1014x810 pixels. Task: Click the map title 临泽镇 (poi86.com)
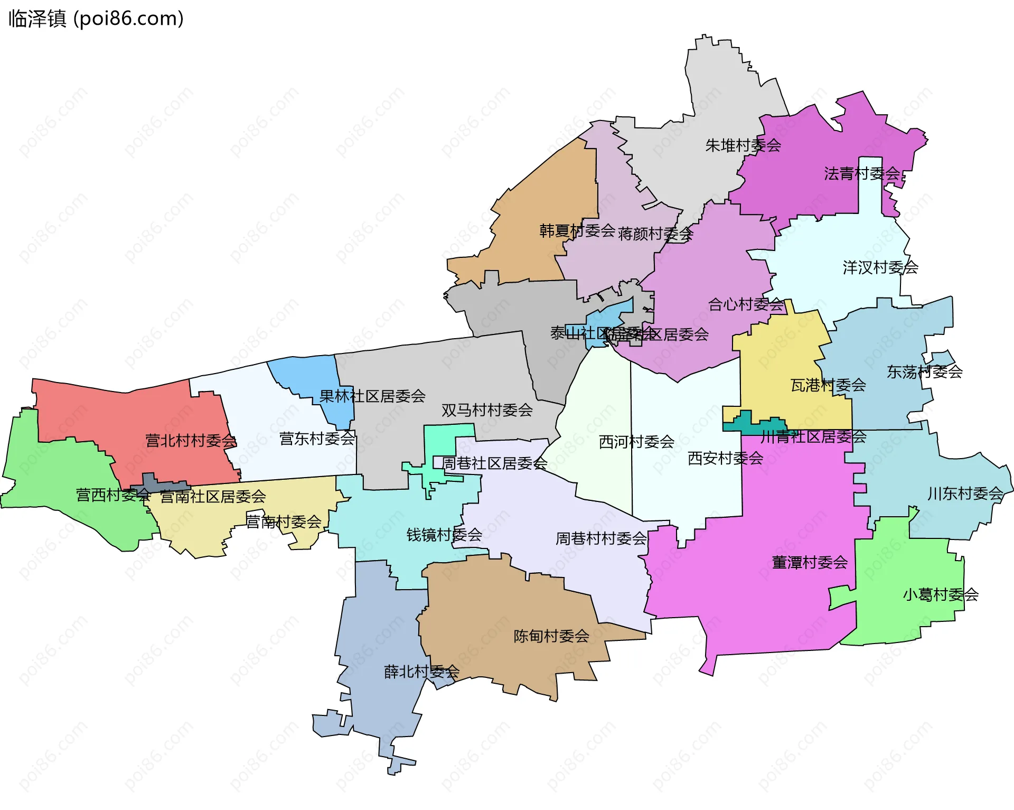coord(96,18)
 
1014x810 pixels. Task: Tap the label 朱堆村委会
coord(743,145)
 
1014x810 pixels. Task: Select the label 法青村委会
coord(861,173)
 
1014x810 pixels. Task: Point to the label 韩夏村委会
coord(577,231)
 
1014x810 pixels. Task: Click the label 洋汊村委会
coord(880,267)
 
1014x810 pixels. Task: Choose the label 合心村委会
coord(745,304)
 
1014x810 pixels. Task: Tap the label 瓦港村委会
coord(828,385)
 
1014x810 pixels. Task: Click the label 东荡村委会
coord(924,372)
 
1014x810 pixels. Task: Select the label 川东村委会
coord(965,494)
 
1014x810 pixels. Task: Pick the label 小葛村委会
coord(940,595)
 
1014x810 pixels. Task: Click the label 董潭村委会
coord(809,563)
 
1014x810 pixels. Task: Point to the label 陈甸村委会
coord(551,636)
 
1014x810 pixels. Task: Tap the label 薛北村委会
coord(421,672)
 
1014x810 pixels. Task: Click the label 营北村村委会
coord(191,441)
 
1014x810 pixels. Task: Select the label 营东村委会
coord(317,439)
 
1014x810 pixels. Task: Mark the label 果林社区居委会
coord(372,396)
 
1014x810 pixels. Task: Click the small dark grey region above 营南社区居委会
coord(158,482)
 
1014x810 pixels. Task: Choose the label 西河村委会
coord(636,442)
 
